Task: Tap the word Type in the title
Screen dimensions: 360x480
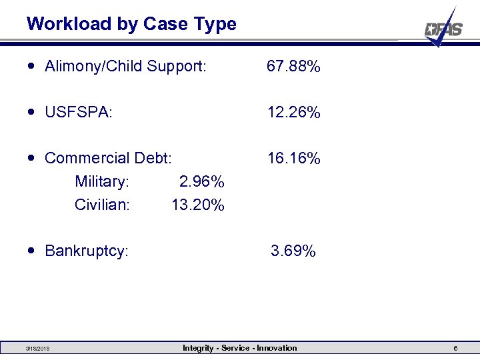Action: coord(215,25)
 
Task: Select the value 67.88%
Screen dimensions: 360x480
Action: coord(293,67)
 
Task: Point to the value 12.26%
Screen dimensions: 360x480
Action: coord(293,113)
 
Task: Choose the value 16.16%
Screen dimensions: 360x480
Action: coord(293,159)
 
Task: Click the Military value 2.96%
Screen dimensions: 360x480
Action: coord(201,182)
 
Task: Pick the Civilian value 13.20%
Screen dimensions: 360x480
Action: coord(197,205)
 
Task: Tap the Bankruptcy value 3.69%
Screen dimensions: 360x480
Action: coord(293,251)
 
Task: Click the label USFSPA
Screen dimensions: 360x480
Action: coord(79,113)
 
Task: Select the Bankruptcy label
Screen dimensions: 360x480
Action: coord(87,251)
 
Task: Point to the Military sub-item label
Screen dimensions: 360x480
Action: coord(102,182)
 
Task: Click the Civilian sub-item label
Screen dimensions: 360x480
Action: coord(102,205)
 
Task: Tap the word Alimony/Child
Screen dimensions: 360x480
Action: coord(93,67)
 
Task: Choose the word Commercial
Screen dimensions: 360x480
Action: coord(87,159)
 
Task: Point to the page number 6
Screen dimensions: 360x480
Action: coord(455,349)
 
